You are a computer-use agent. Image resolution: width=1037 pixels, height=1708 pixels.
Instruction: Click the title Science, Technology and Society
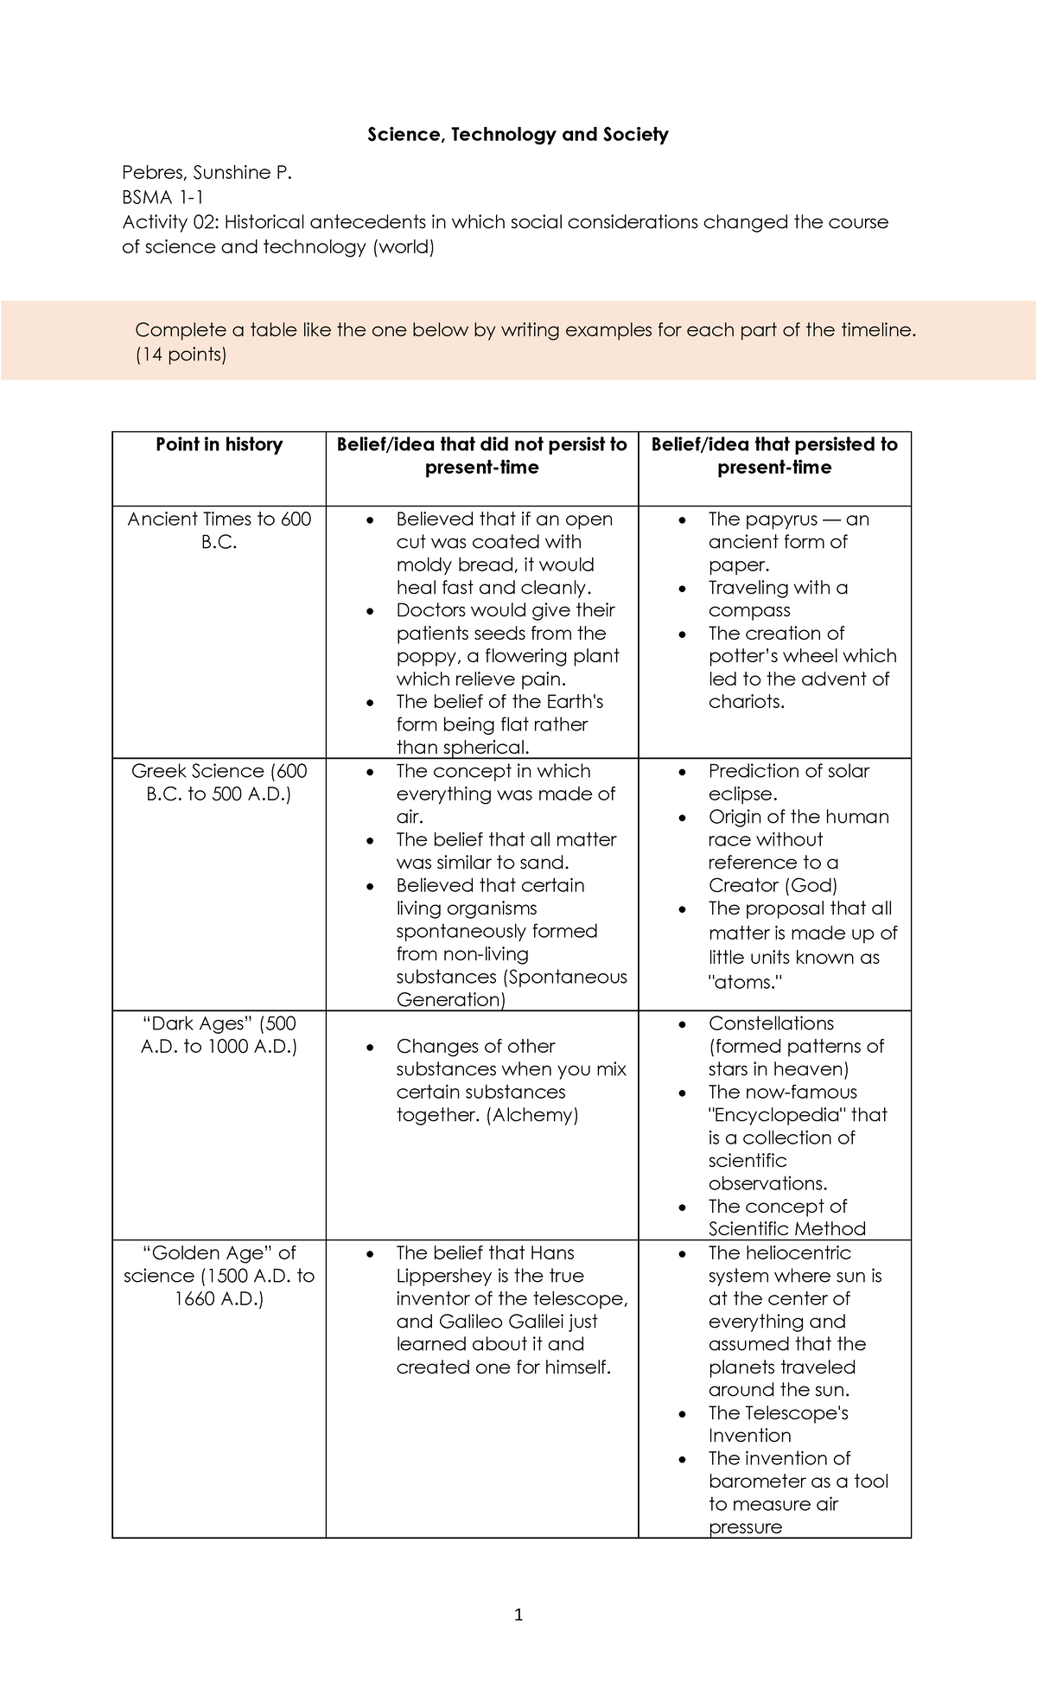pos(518,135)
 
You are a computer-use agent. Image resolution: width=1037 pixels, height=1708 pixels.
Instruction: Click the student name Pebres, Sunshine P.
pos(207,173)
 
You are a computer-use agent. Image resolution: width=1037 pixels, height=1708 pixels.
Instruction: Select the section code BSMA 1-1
pos(162,197)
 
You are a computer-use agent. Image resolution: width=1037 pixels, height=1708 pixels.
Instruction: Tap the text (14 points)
pos(181,354)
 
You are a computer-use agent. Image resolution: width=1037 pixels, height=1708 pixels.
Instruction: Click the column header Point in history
pos(219,444)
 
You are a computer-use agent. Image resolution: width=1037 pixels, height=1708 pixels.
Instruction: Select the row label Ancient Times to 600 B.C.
pos(219,530)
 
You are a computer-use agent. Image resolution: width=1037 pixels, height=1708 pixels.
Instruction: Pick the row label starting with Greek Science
pos(219,782)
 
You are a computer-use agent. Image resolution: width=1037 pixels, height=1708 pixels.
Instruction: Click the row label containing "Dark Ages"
pos(219,1035)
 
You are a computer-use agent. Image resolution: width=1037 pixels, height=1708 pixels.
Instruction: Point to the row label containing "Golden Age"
pos(219,1275)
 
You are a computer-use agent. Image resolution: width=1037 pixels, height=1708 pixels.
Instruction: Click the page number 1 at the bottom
pos(518,1615)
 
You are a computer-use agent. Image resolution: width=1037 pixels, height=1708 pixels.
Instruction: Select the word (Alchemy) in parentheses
pos(532,1115)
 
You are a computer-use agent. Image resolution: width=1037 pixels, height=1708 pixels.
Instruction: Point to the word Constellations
pos(771,1023)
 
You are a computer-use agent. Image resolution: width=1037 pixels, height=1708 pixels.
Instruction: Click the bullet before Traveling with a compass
pos(683,589)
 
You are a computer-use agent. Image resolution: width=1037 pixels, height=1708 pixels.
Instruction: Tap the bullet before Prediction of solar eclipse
pos(683,772)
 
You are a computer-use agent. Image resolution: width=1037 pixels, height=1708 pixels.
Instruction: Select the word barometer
pos(757,1482)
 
